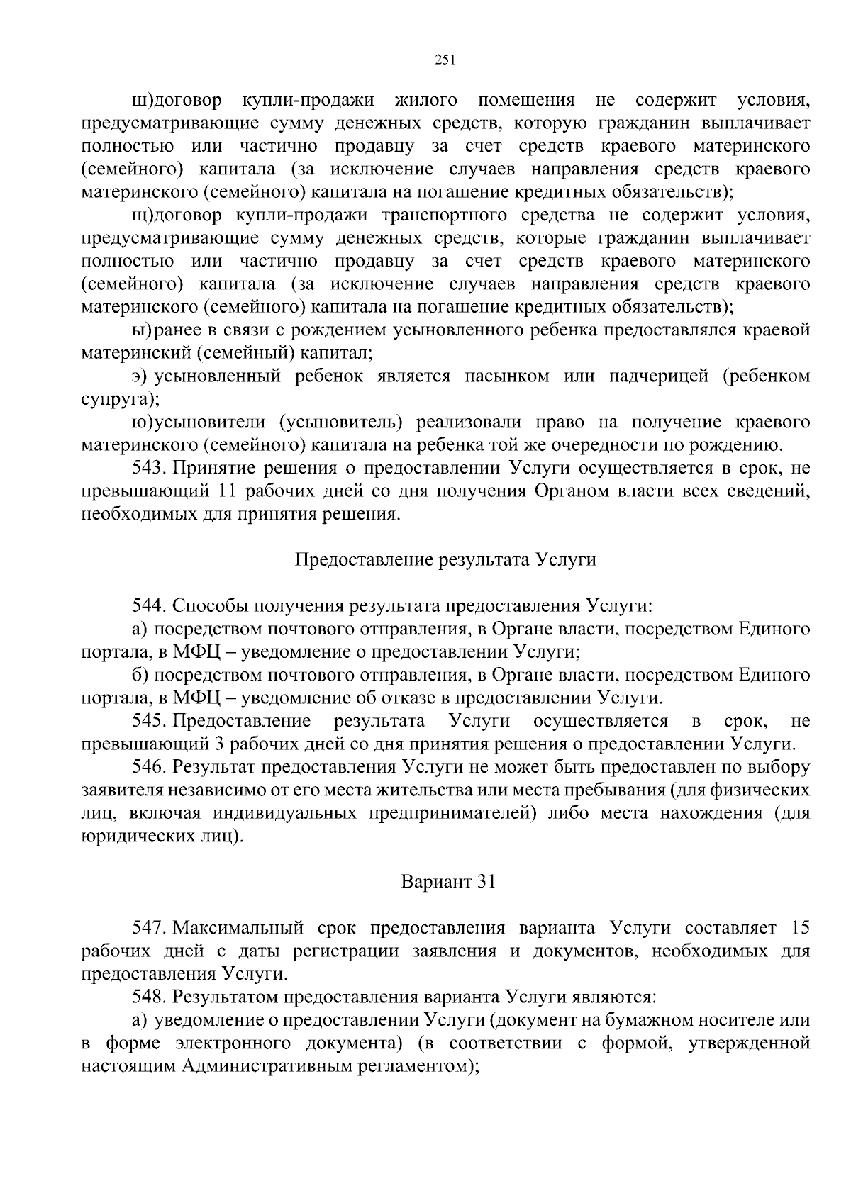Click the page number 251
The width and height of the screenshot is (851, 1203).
click(444, 60)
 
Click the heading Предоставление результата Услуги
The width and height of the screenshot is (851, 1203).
click(445, 560)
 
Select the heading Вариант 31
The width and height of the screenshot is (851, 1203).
click(447, 882)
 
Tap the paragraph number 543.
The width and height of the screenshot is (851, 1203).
click(148, 468)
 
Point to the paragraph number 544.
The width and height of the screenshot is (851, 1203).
click(148, 606)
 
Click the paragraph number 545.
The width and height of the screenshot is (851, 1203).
click(148, 721)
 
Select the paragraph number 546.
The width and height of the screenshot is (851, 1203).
click(148, 767)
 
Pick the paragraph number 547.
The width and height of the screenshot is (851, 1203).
click(148, 928)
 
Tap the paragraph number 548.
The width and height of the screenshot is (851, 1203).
click(148, 997)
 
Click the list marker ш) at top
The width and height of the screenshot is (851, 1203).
click(140, 101)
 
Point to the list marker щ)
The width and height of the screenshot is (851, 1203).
click(140, 216)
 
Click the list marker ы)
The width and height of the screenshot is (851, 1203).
click(140, 330)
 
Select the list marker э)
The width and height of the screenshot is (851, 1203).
click(140, 376)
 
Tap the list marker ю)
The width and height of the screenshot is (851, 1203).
click(140, 423)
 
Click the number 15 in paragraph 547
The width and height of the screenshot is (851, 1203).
click(799, 928)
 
